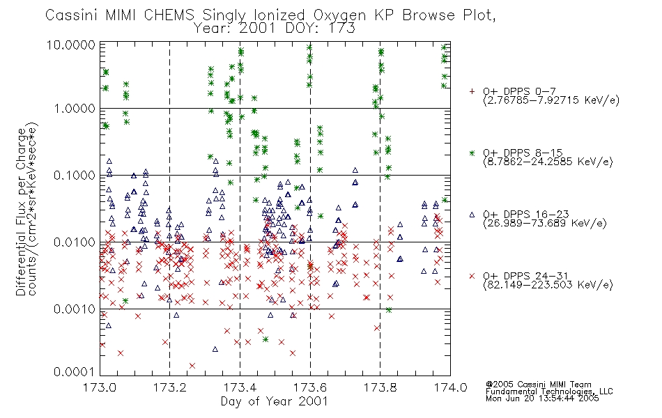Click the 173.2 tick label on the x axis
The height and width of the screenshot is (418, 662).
[170, 387]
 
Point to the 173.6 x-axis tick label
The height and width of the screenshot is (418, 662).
[310, 387]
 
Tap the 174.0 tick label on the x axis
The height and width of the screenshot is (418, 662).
[450, 387]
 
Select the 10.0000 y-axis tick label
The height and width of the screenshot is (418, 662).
[71, 45]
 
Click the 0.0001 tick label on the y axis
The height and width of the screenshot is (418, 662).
[75, 372]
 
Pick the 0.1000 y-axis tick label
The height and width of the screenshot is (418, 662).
[75, 176]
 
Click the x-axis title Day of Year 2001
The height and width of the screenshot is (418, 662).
[275, 401]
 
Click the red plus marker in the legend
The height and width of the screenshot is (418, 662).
[472, 91]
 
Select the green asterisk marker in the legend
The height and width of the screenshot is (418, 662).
[472, 153]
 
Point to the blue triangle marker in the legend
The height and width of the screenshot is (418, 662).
[472, 215]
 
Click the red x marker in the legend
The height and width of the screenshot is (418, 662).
[472, 276]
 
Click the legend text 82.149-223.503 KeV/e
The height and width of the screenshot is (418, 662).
[548, 285]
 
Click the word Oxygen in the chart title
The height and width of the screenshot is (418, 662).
[339, 15]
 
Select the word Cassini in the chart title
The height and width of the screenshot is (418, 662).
[71, 15]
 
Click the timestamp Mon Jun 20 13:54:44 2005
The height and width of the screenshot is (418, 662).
[542, 398]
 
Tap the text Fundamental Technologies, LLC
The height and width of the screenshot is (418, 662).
[549, 392]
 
